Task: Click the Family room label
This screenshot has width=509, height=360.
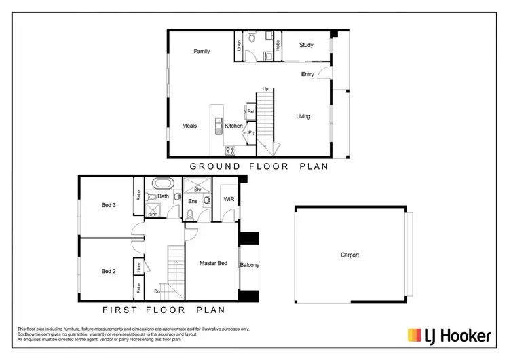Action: point(202,51)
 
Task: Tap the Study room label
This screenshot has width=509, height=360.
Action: point(306,46)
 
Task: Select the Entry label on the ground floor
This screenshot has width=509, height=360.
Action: point(307,74)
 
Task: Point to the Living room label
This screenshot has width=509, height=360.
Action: point(303,116)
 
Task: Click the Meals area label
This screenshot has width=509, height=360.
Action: point(189,126)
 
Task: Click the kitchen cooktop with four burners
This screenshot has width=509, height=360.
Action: point(230,150)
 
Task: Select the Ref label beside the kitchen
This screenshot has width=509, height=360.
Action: point(250,111)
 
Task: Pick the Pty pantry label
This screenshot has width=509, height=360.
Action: point(251,133)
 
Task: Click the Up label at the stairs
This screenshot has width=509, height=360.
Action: point(265,89)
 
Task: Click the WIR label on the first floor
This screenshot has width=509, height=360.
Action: point(228,198)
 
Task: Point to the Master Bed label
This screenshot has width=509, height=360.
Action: point(213,263)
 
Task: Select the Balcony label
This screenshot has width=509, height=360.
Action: point(249,265)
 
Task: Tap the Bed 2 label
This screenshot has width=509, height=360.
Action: point(109,271)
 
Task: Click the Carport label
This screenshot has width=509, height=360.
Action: point(350,255)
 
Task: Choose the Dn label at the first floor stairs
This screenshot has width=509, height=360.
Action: point(157,293)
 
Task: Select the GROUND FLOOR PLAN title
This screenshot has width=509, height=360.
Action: point(259,166)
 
